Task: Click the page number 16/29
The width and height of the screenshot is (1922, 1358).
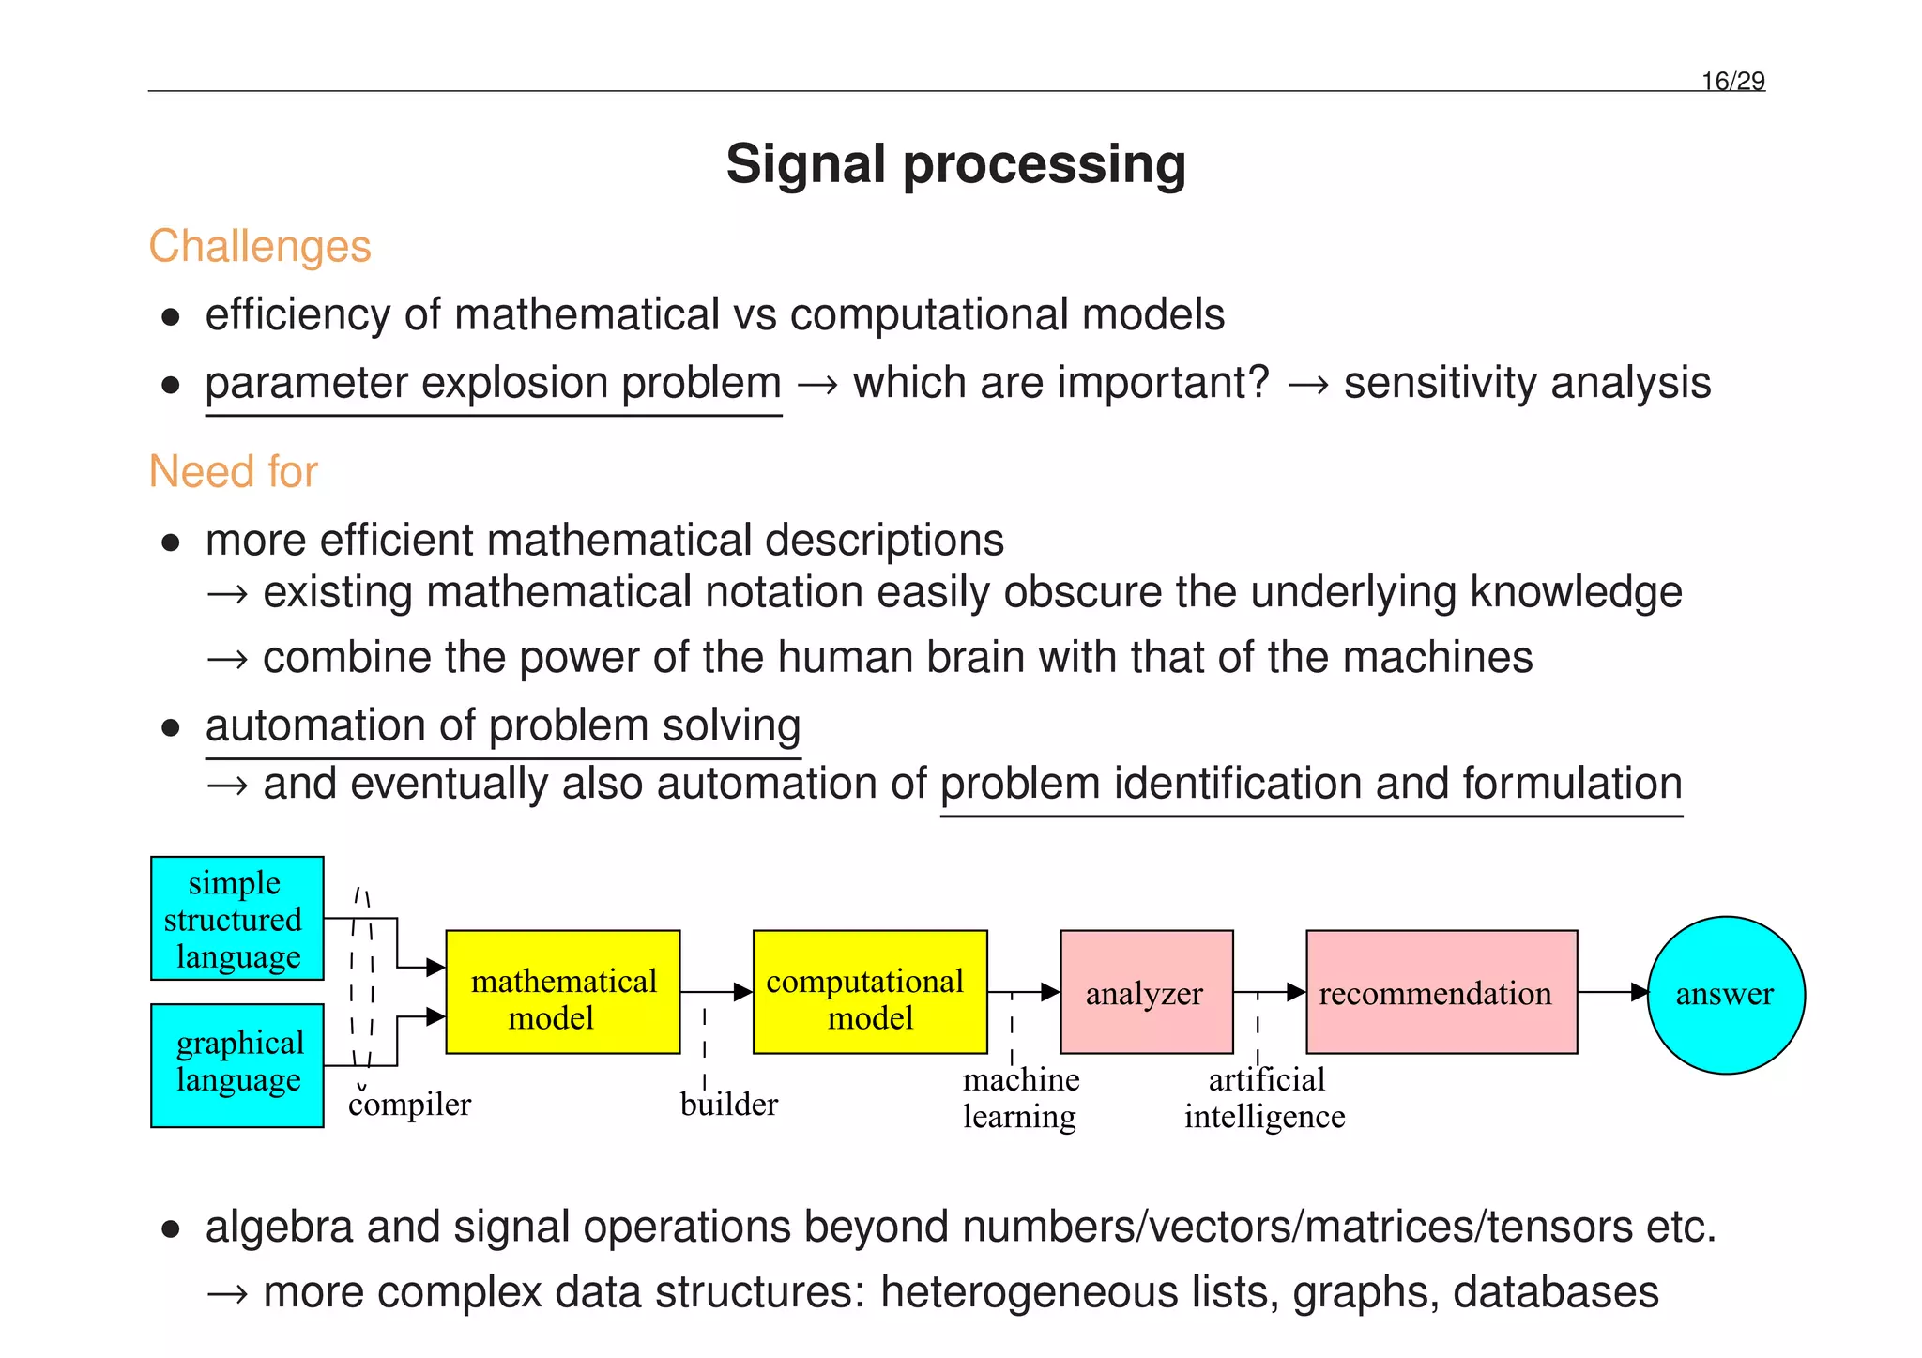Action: pos(1732,82)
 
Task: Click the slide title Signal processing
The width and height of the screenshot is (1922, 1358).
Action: pos(955,164)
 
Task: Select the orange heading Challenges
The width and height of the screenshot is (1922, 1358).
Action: pos(260,247)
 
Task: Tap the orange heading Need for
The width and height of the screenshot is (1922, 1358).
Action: pos(234,471)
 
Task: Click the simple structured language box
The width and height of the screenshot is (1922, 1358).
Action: pos(236,918)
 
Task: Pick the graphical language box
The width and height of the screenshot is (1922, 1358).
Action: pos(236,1064)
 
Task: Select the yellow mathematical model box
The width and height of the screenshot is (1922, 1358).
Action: pos(562,992)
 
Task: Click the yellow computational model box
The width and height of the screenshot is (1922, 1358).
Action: pos(869,992)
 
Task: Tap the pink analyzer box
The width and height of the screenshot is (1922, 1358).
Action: pos(1146,992)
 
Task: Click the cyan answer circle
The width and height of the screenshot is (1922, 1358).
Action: pos(1725,994)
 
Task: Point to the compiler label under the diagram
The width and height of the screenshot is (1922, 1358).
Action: pos(409,1105)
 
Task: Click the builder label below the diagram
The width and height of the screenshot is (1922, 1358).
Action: pos(729,1105)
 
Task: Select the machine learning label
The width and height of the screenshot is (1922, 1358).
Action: pos(1020,1098)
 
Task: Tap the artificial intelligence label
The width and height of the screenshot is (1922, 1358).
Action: pos(1265,1098)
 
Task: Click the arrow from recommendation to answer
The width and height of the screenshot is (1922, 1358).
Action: pos(1612,992)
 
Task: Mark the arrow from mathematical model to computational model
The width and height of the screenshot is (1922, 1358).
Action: pos(716,992)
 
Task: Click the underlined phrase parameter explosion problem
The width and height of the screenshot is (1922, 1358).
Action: pos(493,384)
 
